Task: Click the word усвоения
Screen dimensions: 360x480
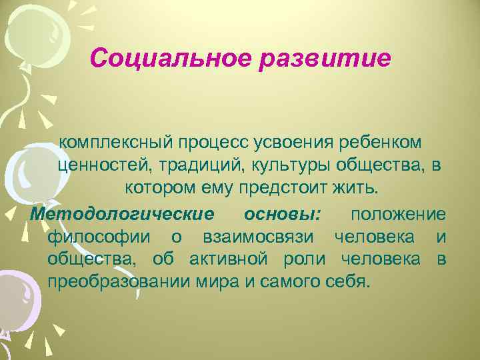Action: (x=289, y=143)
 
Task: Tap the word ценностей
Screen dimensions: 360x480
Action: (x=99, y=166)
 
